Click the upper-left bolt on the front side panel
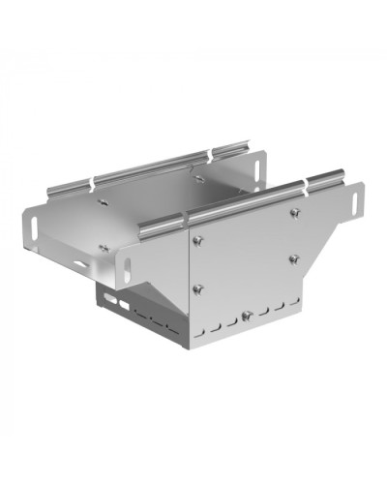click(x=197, y=242)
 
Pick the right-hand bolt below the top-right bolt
click(x=293, y=257)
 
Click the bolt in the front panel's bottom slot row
click(x=247, y=315)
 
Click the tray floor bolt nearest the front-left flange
click(x=102, y=247)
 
